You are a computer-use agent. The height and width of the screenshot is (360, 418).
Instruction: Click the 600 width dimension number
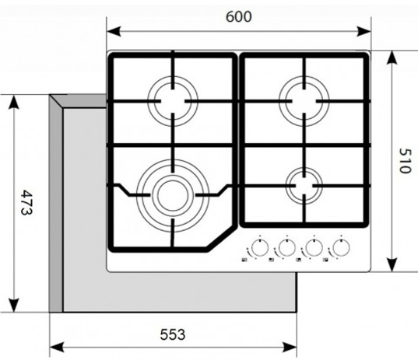239,17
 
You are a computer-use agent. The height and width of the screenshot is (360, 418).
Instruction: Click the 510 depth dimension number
406,161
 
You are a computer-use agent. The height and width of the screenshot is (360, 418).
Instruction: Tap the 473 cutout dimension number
26,202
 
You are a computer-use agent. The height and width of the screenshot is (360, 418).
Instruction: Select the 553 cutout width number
173,334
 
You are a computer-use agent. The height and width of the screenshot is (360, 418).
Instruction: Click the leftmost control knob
260,247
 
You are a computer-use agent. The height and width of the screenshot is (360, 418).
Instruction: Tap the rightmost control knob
341,247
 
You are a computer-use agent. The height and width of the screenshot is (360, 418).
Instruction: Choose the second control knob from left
287,247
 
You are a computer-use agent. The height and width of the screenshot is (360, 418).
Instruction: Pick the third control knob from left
314,247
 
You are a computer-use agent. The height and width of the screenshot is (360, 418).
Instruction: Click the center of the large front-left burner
173,195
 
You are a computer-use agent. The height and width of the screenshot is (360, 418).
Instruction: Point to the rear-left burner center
173,101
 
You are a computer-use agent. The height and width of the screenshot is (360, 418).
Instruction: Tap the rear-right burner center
304,101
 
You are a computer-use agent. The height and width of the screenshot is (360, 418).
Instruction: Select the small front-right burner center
304,185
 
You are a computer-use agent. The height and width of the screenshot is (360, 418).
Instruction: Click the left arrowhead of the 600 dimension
114,31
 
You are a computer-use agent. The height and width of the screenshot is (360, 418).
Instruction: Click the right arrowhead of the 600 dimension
364,31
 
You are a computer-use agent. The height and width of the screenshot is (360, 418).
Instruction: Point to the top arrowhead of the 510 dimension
392,58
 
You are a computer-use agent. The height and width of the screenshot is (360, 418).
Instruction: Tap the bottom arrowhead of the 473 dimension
13,305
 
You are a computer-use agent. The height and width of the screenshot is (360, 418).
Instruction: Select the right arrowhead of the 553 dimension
290,348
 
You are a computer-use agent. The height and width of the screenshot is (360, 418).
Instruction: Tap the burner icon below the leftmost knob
244,260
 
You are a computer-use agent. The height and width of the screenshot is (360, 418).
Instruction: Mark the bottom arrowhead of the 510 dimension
392,264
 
